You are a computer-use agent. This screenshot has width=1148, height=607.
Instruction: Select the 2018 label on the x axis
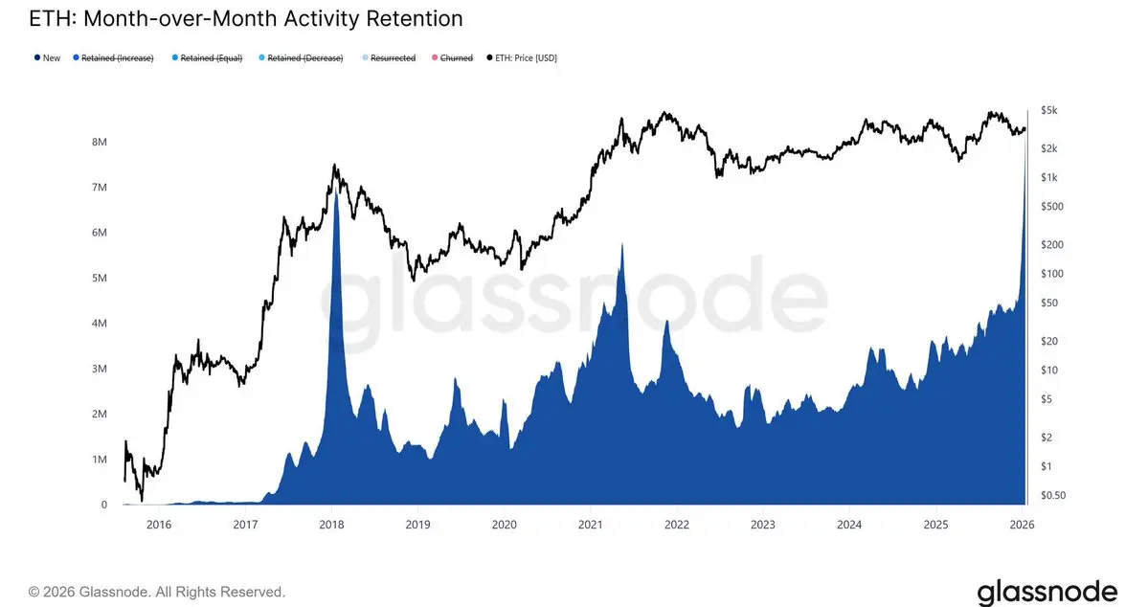(x=331, y=525)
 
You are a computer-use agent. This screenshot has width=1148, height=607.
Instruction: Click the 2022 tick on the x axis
(x=677, y=525)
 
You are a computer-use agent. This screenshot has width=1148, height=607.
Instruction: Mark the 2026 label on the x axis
(x=1022, y=525)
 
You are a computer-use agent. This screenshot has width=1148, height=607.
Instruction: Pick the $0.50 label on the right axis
(x=1052, y=495)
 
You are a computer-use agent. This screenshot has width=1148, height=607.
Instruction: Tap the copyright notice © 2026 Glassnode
(x=157, y=592)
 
